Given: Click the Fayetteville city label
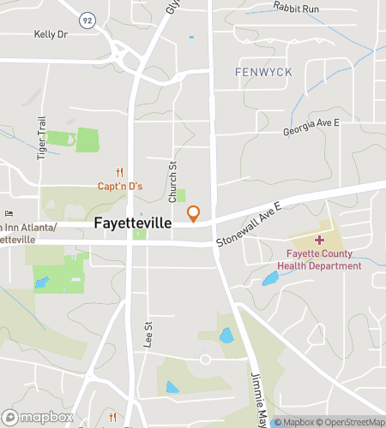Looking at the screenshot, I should click(x=132, y=222).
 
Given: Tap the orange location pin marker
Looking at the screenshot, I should click(x=195, y=214).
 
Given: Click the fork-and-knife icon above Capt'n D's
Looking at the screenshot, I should click(x=120, y=171).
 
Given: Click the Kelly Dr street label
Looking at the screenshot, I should click(x=50, y=34).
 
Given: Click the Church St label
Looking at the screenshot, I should click(x=172, y=181).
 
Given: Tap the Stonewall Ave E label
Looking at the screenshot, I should click(x=255, y=227).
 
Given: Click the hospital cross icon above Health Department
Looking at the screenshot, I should click(x=320, y=240).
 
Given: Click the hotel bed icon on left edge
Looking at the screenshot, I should click(x=10, y=214).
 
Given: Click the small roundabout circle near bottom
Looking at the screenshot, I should click(x=205, y=360).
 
